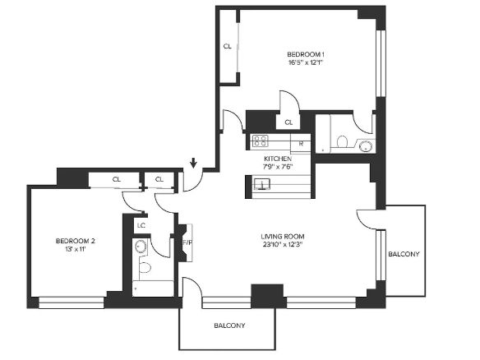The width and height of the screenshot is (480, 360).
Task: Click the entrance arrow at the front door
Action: click(x=193, y=163)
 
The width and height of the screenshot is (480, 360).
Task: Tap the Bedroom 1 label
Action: click(x=306, y=54)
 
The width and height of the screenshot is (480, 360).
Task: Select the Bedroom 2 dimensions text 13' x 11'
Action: click(x=76, y=249)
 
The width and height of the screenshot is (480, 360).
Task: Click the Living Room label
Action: click(x=283, y=237)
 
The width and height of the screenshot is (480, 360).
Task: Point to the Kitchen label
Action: click(x=278, y=159)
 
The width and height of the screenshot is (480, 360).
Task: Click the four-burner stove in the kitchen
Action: click(x=261, y=141)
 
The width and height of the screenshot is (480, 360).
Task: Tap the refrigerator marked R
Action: click(x=301, y=143)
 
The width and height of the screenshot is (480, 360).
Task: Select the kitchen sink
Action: click(x=262, y=184)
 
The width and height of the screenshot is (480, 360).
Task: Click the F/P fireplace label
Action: click(x=187, y=242)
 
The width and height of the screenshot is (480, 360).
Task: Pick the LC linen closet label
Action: click(x=141, y=225)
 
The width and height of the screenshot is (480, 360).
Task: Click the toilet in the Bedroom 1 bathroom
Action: click(x=342, y=141)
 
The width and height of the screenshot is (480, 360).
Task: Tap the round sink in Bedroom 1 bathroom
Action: click(x=366, y=145)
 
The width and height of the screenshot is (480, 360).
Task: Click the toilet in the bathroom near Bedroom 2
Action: click(x=145, y=268)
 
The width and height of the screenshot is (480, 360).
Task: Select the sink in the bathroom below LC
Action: click(x=141, y=246)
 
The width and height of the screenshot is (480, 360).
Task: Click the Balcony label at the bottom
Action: click(x=229, y=325)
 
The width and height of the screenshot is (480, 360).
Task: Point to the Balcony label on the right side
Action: click(x=404, y=254)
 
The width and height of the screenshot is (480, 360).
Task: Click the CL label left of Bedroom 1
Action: click(x=227, y=47)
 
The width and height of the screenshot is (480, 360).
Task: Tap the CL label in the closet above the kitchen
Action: click(x=288, y=122)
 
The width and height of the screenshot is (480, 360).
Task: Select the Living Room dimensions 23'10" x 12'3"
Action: click(x=283, y=245)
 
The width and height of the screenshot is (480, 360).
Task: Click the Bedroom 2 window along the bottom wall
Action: click(x=72, y=302)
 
